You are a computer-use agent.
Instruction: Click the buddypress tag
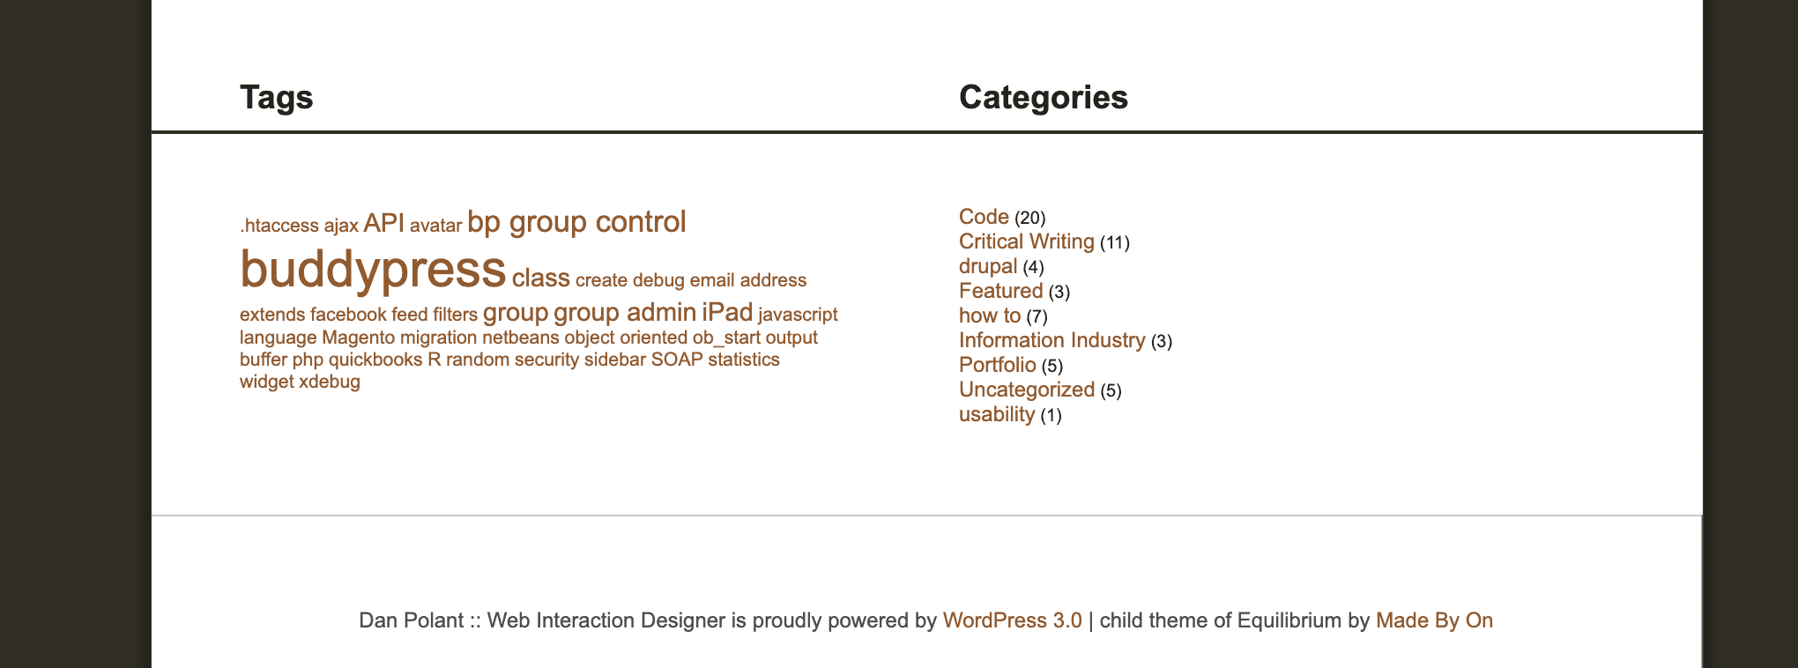[373, 270]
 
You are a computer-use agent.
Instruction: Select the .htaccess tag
[279, 226]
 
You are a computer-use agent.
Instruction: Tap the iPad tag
[727, 312]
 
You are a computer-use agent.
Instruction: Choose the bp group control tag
[576, 222]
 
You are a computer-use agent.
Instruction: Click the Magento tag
[359, 338]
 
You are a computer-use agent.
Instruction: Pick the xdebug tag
[330, 382]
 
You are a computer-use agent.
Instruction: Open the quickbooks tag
[375, 360]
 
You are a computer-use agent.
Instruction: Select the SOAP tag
[677, 360]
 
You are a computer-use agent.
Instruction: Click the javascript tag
[798, 315]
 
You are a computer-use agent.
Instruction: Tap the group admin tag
[625, 312]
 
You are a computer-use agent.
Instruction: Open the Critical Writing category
[1027, 241]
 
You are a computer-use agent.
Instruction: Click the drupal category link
[988, 266]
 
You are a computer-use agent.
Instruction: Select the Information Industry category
[1052, 340]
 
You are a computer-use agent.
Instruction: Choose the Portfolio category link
[998, 365]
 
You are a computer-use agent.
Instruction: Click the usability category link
[997, 414]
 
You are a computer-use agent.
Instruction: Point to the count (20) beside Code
[1030, 218]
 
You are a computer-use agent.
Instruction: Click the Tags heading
[277, 97]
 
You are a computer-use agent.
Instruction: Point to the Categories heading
[1044, 97]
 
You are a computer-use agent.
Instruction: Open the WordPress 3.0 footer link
[1013, 620]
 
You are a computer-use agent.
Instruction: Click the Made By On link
[1435, 620]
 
